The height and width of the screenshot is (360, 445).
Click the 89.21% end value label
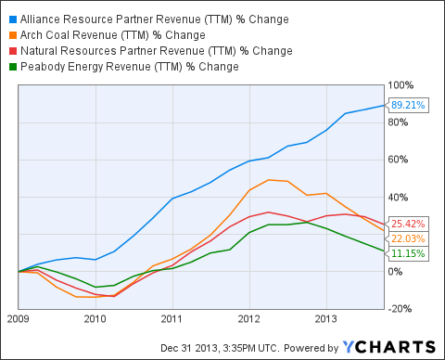pos(408,105)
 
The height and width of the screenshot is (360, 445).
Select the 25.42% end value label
pos(408,224)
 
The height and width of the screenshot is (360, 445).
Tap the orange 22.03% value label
pos(408,238)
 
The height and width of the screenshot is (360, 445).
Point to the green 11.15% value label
pos(408,252)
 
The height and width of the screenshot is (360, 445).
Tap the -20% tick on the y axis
pos(404,308)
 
